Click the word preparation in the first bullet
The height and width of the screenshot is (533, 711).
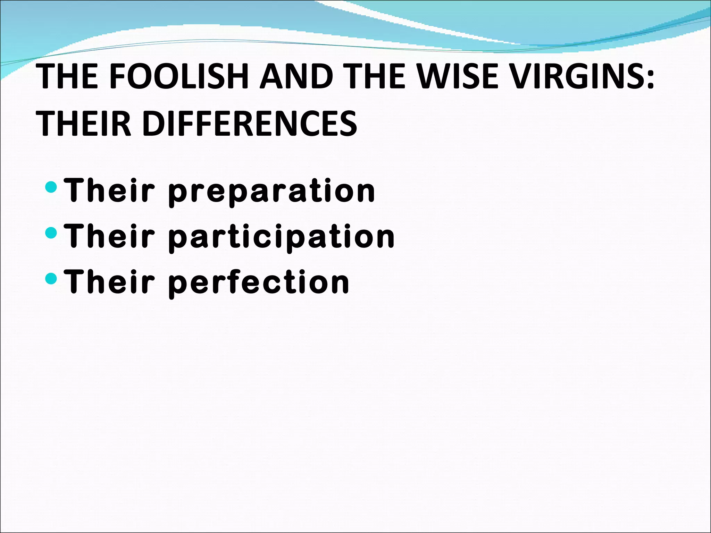tap(271, 191)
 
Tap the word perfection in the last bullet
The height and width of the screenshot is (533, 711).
tap(259, 282)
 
